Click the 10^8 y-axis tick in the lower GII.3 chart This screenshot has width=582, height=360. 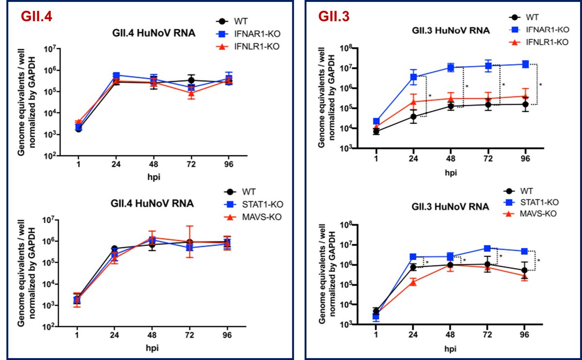344,225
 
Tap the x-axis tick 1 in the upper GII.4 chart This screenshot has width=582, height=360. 79,164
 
